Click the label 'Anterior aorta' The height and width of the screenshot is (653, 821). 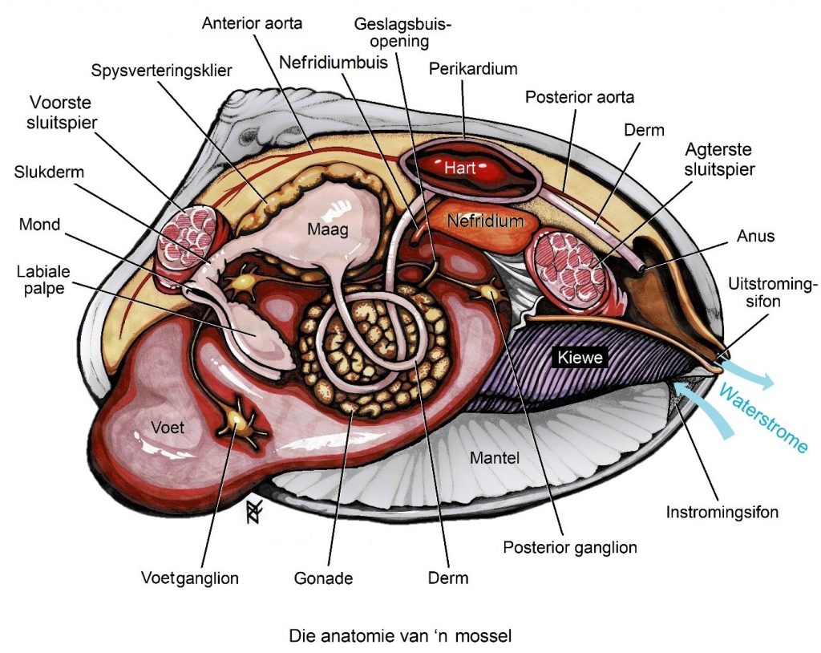pyautogui.click(x=252, y=23)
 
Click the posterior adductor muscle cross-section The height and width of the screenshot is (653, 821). pyautogui.click(x=572, y=266)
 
